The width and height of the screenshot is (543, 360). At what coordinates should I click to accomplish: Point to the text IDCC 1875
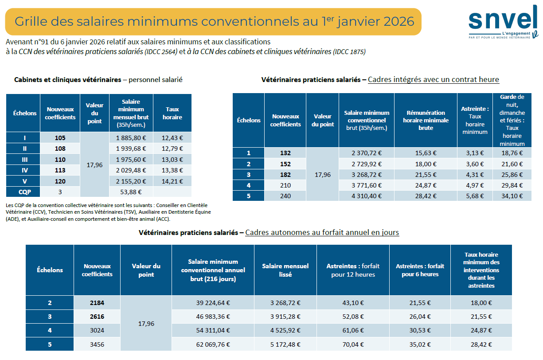(349, 52)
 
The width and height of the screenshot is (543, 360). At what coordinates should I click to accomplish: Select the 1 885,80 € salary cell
(131, 138)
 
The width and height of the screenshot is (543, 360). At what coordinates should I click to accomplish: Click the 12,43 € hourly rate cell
(172, 138)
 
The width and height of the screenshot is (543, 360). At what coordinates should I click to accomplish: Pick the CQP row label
(24, 192)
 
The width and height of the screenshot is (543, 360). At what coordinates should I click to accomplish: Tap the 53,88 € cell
(131, 192)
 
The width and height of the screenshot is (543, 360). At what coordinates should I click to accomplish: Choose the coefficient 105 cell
(60, 138)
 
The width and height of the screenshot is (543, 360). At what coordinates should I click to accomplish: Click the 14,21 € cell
(172, 181)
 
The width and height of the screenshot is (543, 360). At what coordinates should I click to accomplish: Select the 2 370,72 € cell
(367, 153)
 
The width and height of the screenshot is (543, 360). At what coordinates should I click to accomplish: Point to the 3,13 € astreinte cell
(475, 153)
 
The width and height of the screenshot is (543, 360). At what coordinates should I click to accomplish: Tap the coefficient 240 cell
(285, 196)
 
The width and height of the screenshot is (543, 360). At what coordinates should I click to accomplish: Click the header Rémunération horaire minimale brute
(425, 120)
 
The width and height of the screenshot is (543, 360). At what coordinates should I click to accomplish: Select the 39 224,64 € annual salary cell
(212, 303)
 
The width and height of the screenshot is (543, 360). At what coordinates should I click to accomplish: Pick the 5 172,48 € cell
(285, 344)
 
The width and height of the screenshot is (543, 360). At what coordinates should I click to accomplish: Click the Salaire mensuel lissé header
(285, 270)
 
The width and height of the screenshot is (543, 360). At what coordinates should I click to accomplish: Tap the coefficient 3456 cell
(97, 344)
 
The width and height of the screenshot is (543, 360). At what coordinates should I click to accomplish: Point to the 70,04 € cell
(353, 344)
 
